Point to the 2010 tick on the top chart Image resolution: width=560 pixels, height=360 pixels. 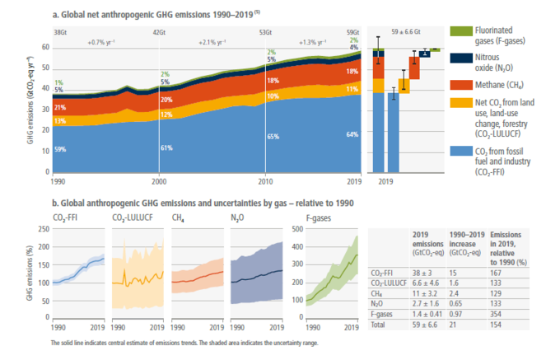click(264, 179)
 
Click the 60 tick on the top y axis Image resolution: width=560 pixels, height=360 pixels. click(46, 48)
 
